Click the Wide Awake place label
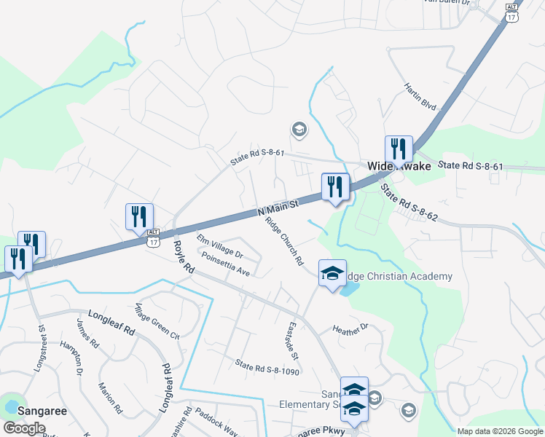399,166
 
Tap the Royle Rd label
182,257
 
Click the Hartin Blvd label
420,96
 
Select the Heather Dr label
351,330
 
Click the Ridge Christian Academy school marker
332,274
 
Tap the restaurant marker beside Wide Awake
399,149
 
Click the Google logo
24,428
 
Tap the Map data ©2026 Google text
499,431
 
